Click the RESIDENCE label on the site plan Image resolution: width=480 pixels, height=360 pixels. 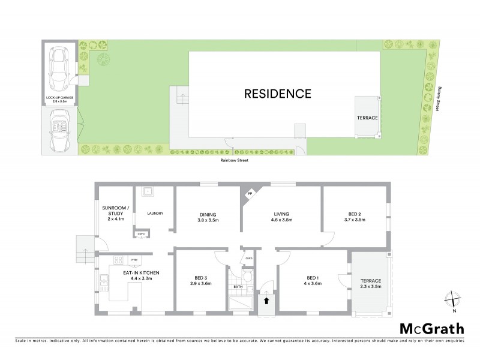[277, 94]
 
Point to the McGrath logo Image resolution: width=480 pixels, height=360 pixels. [432, 328]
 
